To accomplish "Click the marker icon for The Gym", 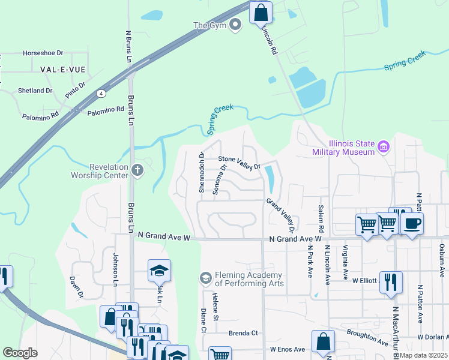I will pyautogui.click(x=235, y=25).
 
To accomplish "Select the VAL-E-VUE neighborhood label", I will pyautogui.click(x=62, y=70).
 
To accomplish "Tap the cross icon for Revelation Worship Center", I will pyautogui.click(x=137, y=170).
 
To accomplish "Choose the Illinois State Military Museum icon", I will pyautogui.click(x=384, y=146).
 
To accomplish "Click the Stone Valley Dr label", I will pyautogui.click(x=240, y=163).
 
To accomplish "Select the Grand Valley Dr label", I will pyautogui.click(x=280, y=215).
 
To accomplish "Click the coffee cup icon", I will pyautogui.click(x=411, y=224).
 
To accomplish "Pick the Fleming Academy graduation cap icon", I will pyautogui.click(x=205, y=278).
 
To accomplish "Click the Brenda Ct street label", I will pyautogui.click(x=243, y=333).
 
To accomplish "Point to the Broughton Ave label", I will pyautogui.click(x=367, y=337).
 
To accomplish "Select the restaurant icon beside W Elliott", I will pyautogui.click(x=391, y=282).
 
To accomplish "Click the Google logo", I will pyautogui.click(x=20, y=353).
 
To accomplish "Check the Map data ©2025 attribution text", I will pyautogui.click(x=423, y=355).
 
